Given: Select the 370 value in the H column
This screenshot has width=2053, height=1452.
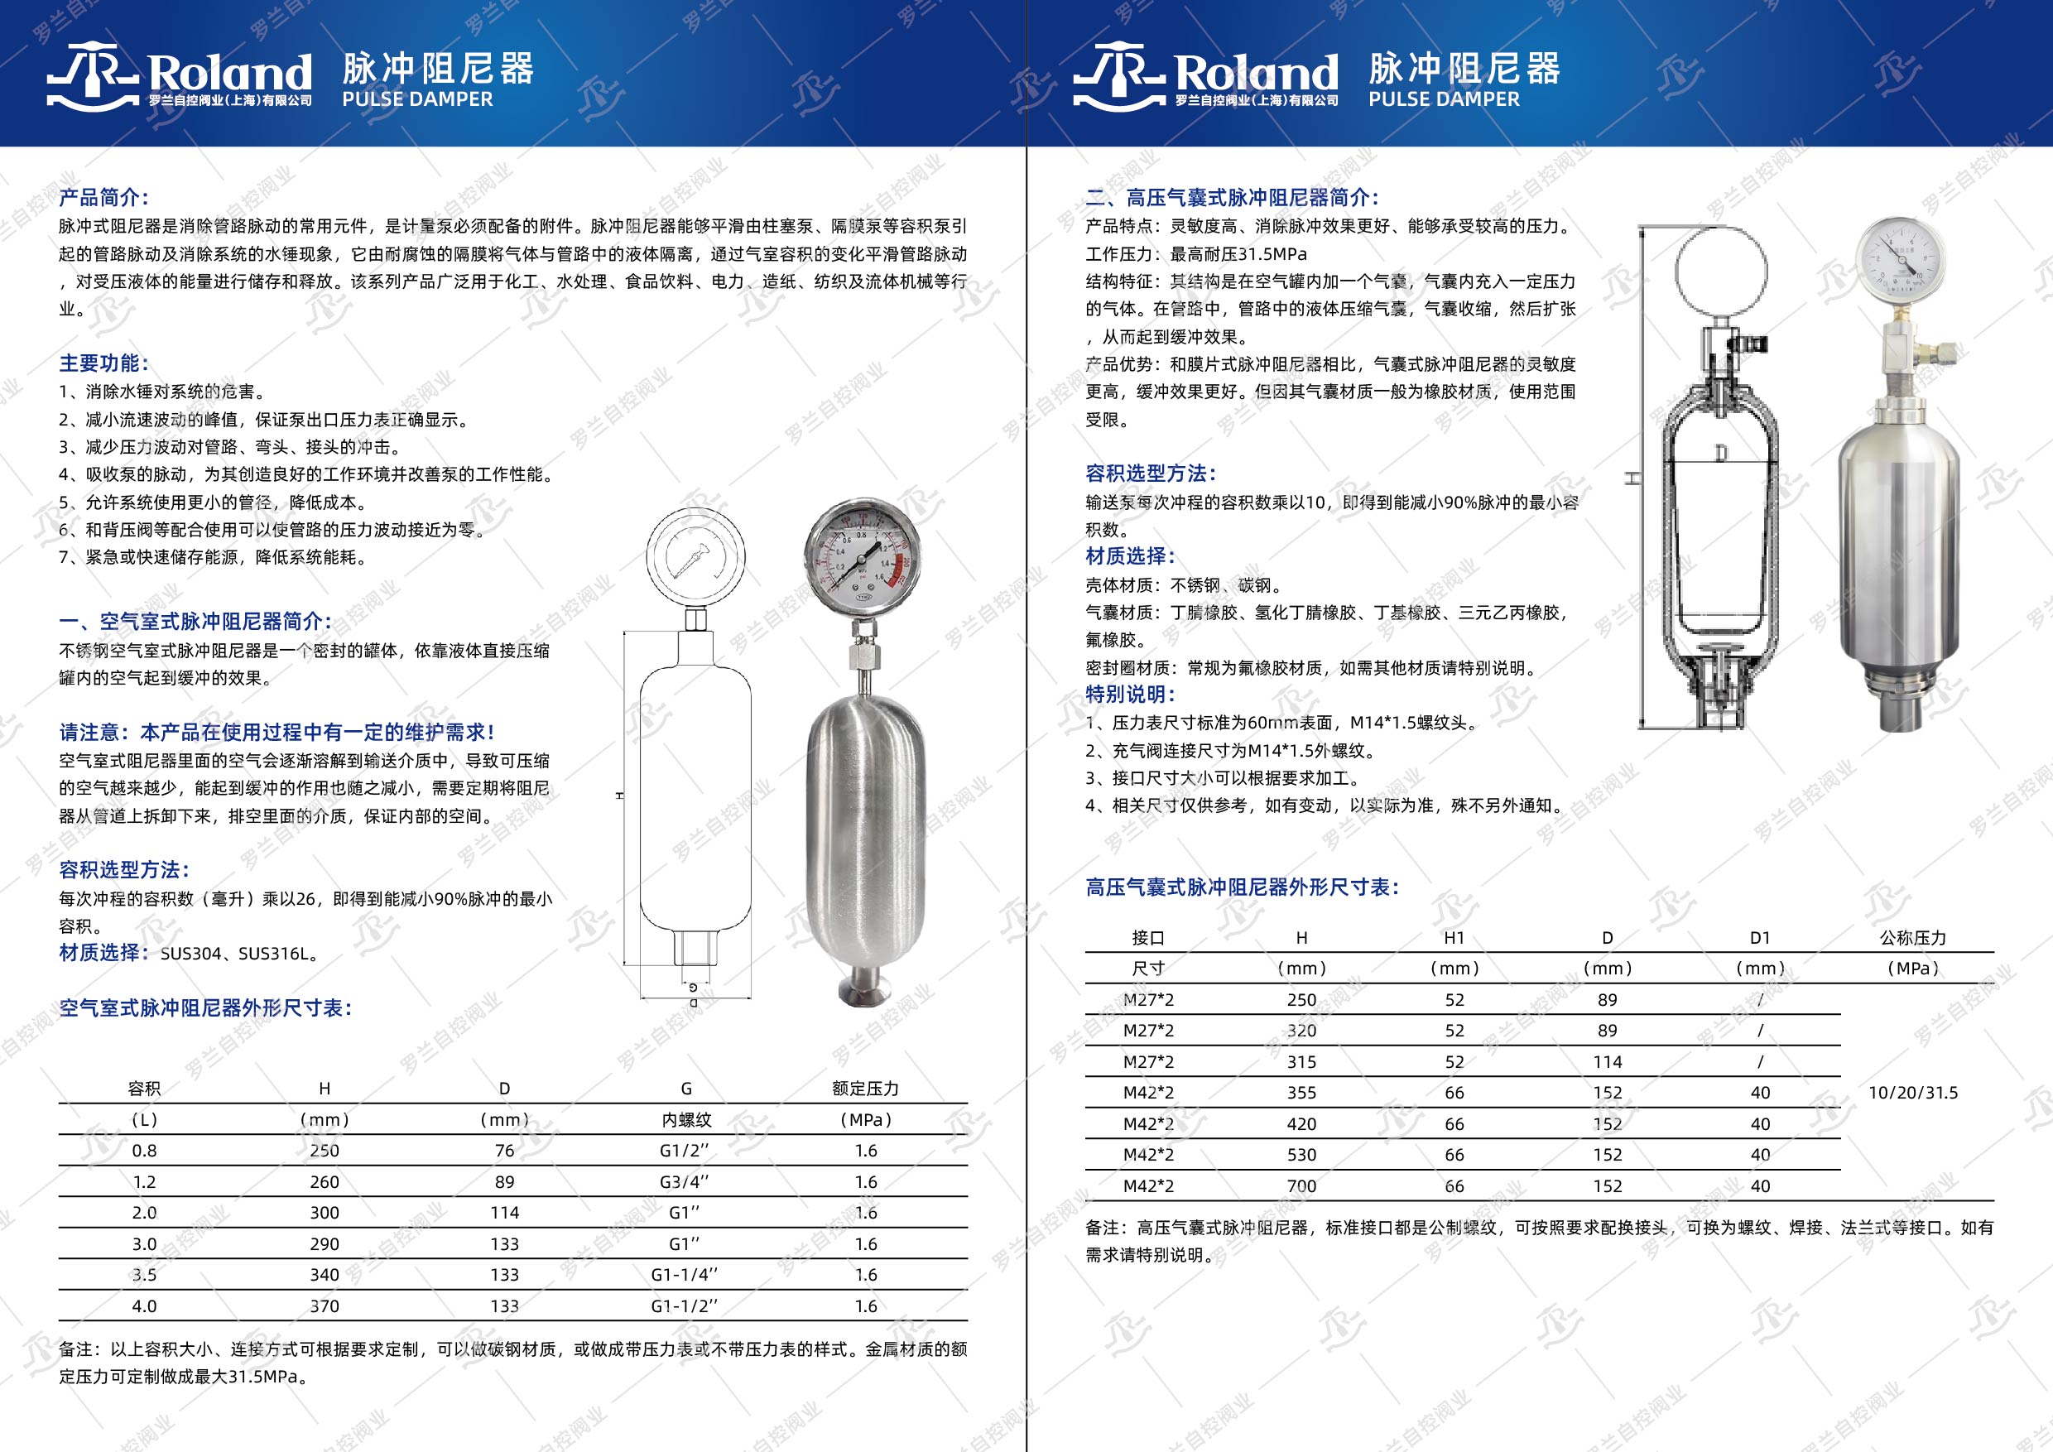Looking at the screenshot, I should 325,1306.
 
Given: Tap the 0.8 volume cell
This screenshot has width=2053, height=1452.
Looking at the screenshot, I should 144,1151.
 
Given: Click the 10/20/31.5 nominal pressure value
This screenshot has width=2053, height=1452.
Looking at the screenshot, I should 1912,1093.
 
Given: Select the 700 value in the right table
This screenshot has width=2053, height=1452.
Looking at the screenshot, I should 1301,1186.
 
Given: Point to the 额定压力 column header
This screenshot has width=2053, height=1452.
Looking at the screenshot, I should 864,1088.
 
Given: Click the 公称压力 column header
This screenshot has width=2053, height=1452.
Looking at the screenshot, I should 1912,938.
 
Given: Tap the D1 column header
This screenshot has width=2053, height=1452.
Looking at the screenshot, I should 1760,938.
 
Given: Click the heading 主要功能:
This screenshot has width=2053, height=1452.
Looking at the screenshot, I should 103,363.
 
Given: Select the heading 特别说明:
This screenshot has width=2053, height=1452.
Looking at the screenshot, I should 1130,694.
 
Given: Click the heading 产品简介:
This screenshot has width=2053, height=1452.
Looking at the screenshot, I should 103,198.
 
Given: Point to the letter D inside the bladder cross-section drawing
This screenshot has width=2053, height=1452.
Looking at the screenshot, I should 1720,454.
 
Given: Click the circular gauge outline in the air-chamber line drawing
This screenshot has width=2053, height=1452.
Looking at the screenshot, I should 695,558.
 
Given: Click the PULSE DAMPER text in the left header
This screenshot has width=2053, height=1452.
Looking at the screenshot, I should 417,99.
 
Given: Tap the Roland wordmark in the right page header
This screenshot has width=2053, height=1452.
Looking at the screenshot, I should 1256,71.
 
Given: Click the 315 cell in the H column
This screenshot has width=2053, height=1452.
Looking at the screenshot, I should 1301,1062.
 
